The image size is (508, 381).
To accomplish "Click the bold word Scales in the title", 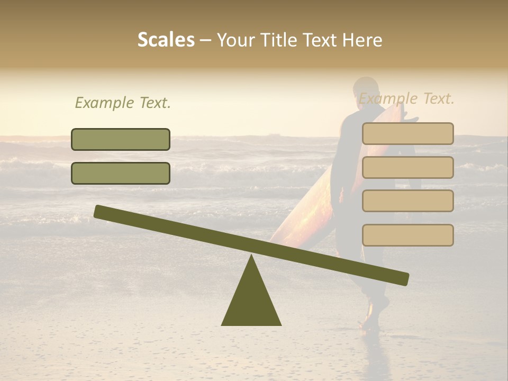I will click(x=166, y=40).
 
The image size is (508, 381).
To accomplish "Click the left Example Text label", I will click(x=123, y=103).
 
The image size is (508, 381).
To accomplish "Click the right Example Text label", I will click(x=406, y=98).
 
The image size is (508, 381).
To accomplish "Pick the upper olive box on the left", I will click(x=121, y=139).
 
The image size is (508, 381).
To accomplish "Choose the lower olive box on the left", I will click(x=121, y=173).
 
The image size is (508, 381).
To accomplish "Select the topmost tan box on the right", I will click(x=407, y=133).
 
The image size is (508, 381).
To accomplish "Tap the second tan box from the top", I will click(x=407, y=167).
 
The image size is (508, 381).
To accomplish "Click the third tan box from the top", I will click(x=407, y=201).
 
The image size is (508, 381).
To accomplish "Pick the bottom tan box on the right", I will click(x=407, y=235).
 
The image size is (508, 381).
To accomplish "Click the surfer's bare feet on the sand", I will click(x=370, y=321).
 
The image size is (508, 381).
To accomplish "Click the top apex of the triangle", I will click(x=251, y=256).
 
